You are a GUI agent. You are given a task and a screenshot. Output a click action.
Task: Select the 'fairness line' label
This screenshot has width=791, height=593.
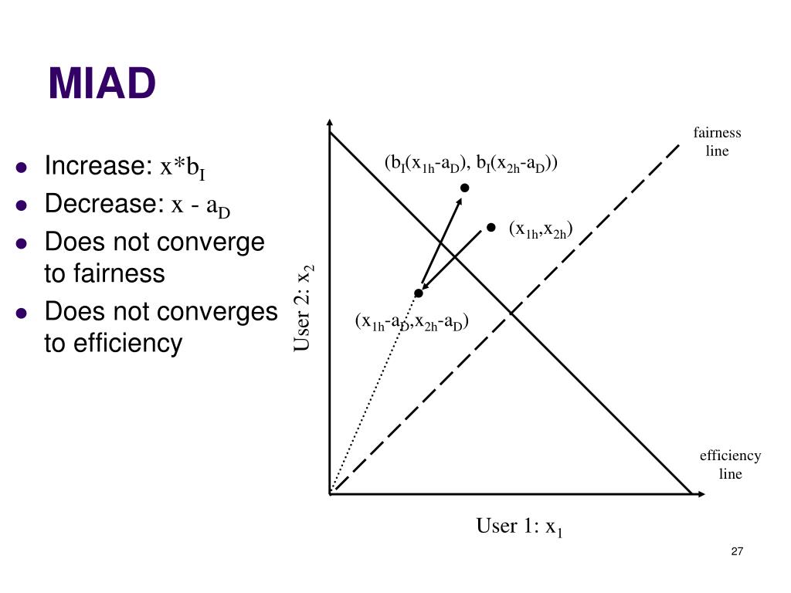(x=717, y=142)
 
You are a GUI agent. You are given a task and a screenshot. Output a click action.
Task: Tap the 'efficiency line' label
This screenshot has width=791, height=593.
(x=730, y=465)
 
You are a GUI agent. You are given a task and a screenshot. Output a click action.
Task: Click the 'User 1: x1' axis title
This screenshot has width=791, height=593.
(x=519, y=527)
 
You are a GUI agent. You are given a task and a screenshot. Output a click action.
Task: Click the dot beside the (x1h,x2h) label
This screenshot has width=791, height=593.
(x=491, y=227)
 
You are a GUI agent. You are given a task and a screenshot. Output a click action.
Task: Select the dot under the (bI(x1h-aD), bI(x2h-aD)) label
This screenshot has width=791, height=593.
(x=465, y=188)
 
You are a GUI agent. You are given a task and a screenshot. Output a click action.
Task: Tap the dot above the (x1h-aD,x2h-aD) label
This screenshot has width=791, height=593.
(x=419, y=293)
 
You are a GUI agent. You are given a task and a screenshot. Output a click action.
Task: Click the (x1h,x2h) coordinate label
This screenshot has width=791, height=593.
(x=541, y=229)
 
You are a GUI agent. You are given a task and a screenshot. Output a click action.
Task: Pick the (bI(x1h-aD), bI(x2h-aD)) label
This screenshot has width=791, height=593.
(x=471, y=164)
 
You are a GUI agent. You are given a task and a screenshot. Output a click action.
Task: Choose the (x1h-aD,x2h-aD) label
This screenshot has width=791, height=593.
(x=412, y=322)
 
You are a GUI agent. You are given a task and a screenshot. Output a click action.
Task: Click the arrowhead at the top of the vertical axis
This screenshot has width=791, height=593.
(x=330, y=124)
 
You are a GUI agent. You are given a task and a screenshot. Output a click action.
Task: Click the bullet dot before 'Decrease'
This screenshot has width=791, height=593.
(x=22, y=205)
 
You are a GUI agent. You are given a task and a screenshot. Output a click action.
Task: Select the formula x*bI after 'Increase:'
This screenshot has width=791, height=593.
(x=182, y=168)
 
